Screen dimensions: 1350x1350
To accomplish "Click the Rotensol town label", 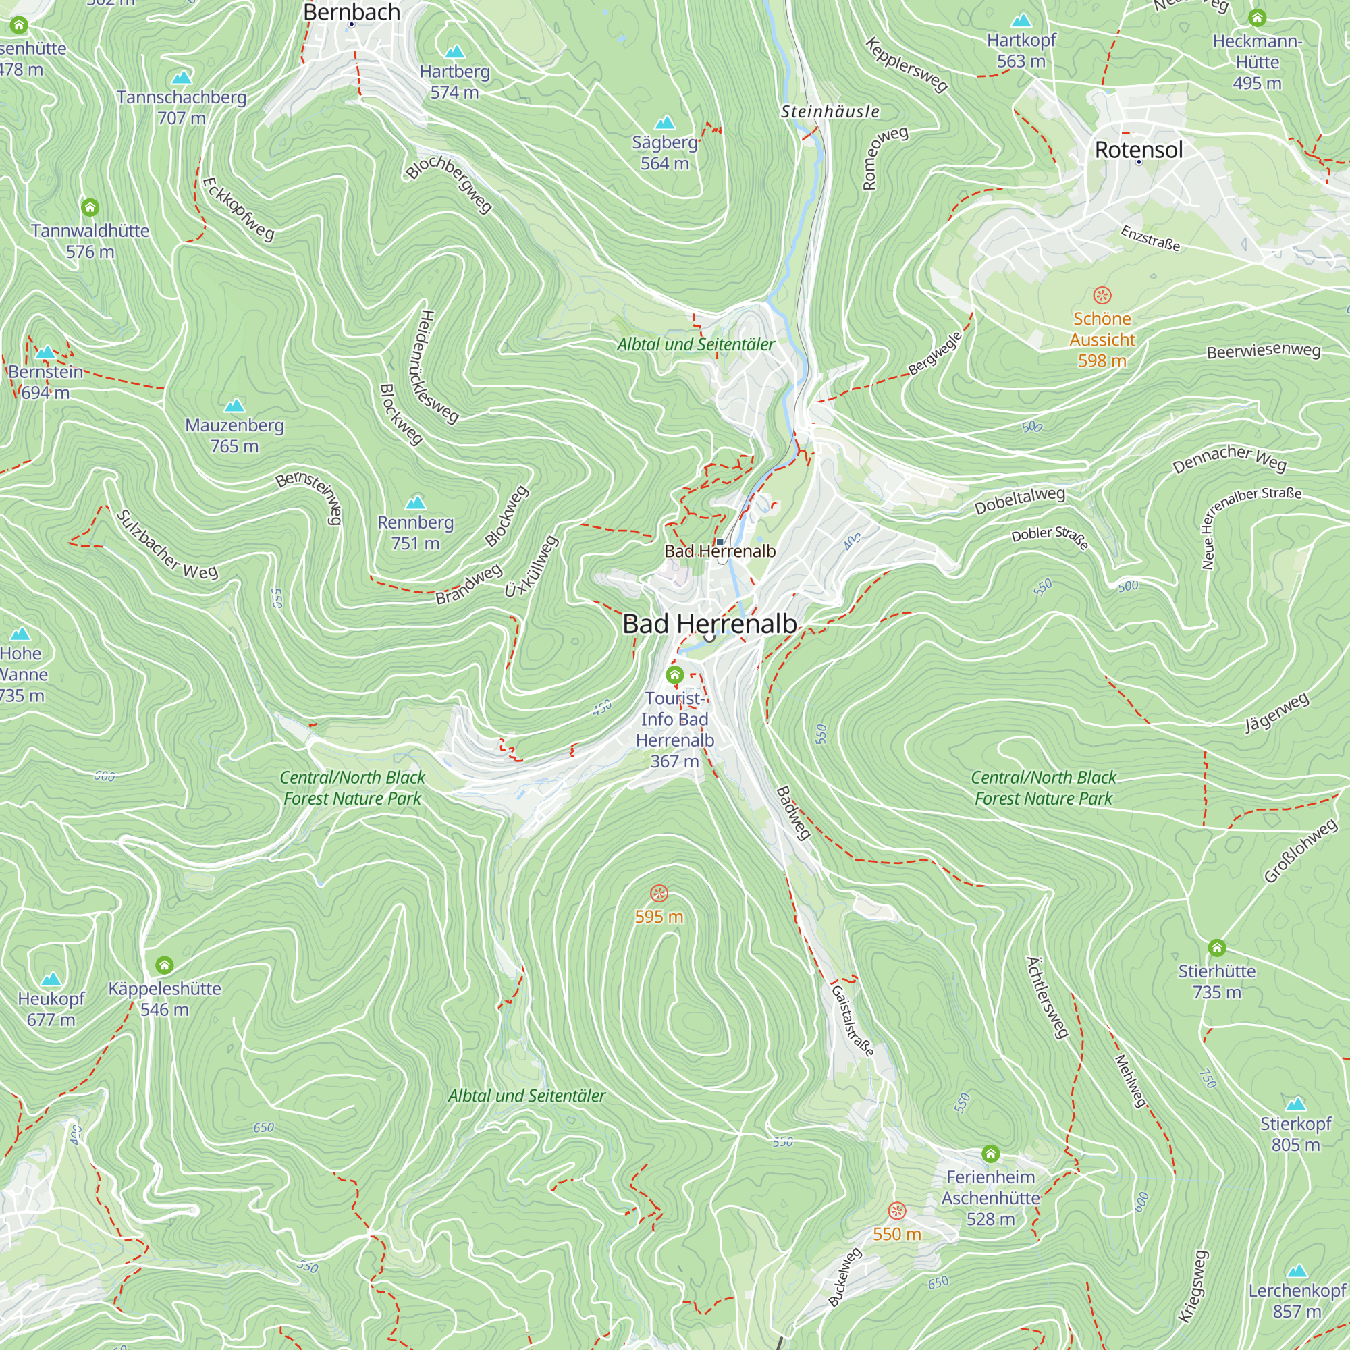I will (x=1138, y=150).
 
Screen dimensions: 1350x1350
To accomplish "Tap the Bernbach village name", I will (x=352, y=13).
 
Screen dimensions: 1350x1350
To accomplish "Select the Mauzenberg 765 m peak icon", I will (x=234, y=405).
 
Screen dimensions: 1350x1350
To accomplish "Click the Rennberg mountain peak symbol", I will (x=415, y=502).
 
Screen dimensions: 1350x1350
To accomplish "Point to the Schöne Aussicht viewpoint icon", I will (x=1102, y=296).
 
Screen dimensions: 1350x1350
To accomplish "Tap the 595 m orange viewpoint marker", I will (x=659, y=894).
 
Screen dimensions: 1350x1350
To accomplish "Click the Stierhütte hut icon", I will (x=1216, y=948).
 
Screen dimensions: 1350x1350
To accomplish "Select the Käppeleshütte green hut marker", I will (x=164, y=966).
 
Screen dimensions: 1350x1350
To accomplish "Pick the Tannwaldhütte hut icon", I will (x=90, y=207).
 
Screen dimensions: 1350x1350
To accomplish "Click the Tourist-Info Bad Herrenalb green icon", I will (x=674, y=675).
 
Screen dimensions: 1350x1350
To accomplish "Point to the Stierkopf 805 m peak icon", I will (x=1295, y=1104).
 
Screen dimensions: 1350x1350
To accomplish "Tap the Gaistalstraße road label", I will (x=852, y=1021).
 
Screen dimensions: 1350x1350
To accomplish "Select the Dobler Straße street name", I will (x=1050, y=537).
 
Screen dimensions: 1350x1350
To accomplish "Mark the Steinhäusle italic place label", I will (x=830, y=112).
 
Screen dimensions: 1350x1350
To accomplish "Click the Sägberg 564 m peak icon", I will (x=664, y=123).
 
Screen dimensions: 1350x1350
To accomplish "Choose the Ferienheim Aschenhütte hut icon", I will (x=990, y=1154).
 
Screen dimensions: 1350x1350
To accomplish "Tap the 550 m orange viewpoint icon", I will (x=896, y=1211).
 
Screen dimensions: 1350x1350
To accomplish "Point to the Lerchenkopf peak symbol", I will (x=1297, y=1270).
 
